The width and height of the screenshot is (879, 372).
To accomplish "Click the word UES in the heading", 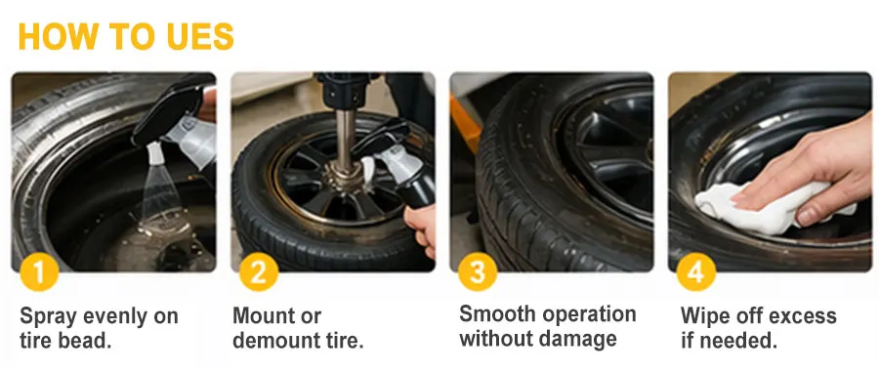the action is (200, 37).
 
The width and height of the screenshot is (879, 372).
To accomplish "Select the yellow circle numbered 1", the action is (39, 271).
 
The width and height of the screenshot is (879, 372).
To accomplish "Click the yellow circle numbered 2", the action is (259, 271).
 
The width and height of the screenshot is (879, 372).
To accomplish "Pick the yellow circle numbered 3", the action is (478, 271).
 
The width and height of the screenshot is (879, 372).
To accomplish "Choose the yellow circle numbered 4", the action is (696, 271).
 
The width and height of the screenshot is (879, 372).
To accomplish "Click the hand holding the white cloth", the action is (813, 168).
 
